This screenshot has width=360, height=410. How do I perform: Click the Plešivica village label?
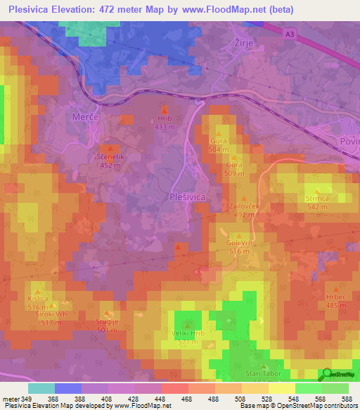pos(188,198)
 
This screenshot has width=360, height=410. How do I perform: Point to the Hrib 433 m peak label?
pos(165,123)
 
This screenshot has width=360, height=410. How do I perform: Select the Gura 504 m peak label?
pos(218,145)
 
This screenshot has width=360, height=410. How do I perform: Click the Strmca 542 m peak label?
pos(318,203)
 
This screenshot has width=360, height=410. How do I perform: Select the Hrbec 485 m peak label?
pos(336,301)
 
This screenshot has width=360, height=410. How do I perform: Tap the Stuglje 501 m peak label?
pos(107,325)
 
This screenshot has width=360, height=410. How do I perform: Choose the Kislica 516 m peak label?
pos(38,303)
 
